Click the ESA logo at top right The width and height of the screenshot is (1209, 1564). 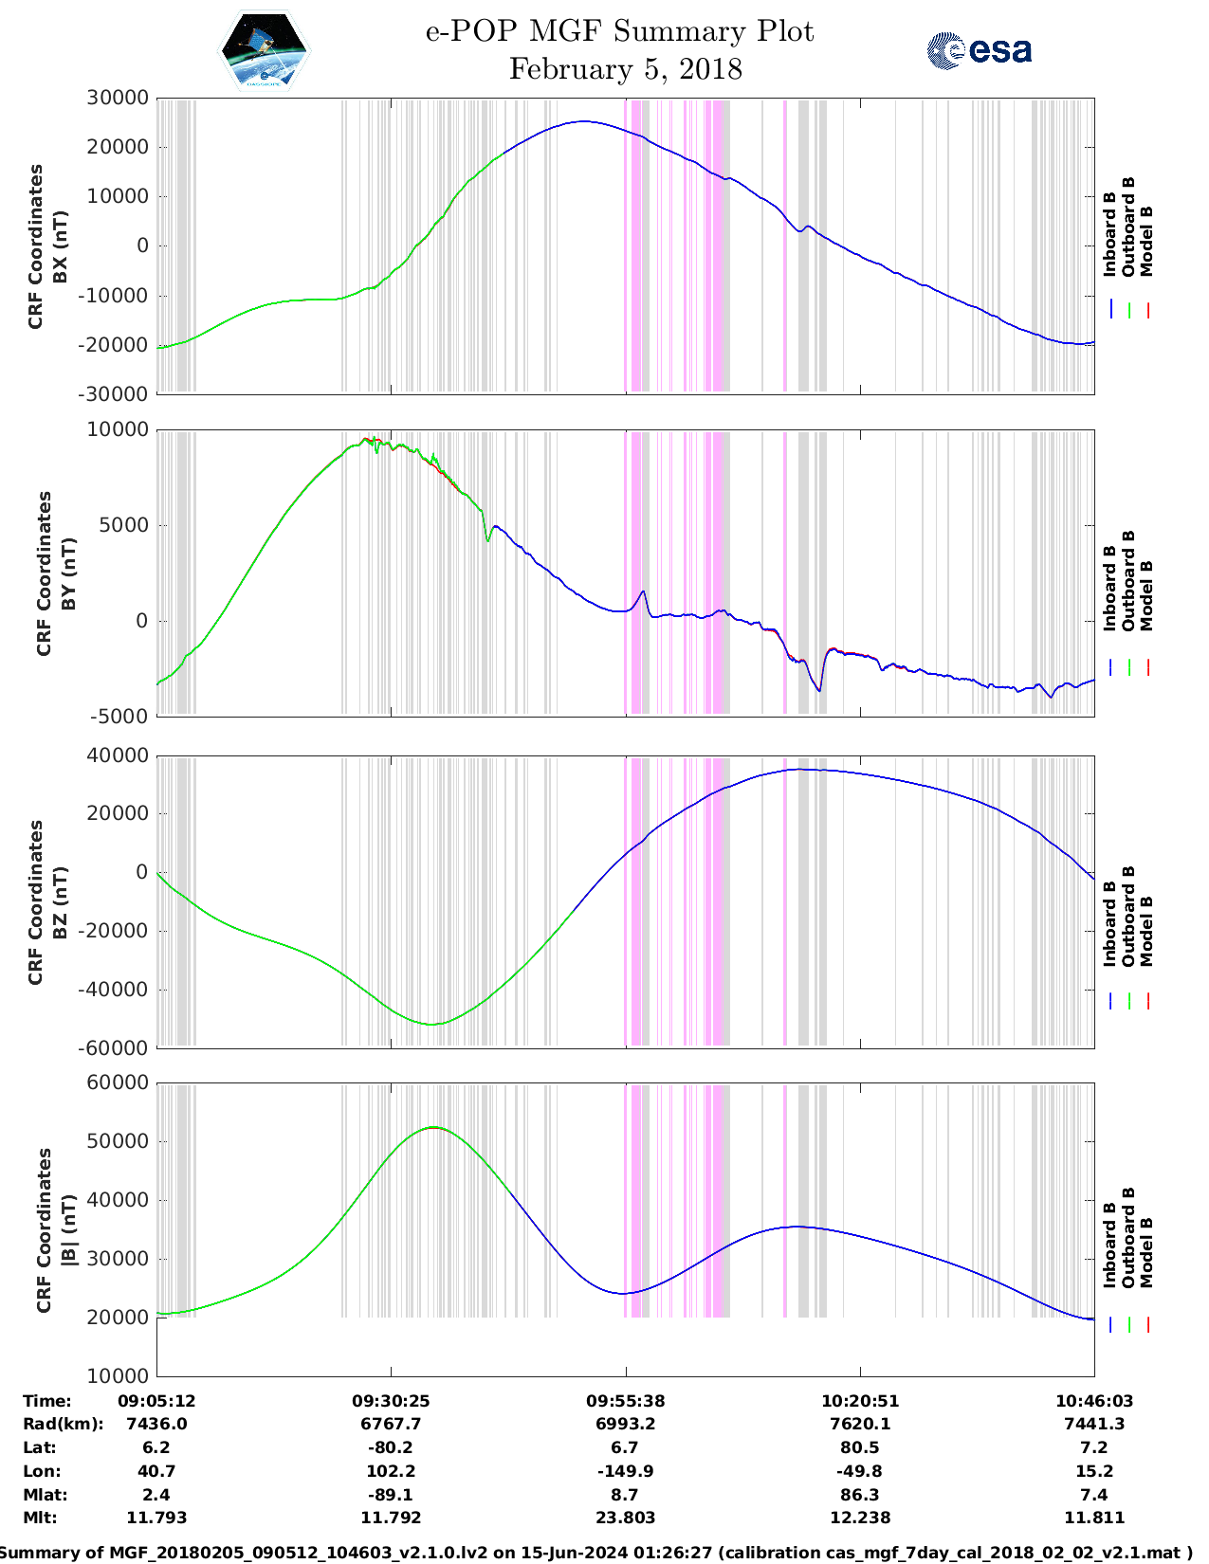tap(979, 50)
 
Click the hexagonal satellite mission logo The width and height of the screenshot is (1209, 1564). tap(264, 51)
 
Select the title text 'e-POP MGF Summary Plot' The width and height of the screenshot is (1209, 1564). tap(619, 31)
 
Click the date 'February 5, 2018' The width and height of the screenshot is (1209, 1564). tap(625, 69)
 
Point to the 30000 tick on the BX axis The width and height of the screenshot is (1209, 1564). tap(118, 98)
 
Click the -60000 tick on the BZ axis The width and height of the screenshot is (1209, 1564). tap(114, 1047)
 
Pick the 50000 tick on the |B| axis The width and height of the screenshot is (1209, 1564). tap(118, 1141)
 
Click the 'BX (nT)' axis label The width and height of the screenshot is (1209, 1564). tap(60, 246)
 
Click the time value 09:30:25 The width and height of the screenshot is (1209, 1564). tap(391, 1400)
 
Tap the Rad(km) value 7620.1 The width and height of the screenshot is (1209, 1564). tap(860, 1424)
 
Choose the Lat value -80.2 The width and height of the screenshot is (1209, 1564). tap(391, 1447)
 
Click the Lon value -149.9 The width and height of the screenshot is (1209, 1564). tap(625, 1471)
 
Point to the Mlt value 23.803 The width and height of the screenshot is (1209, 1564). tap(625, 1518)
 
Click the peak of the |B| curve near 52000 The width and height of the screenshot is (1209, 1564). tap(433, 1127)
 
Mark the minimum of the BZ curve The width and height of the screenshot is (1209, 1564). tap(431, 1024)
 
